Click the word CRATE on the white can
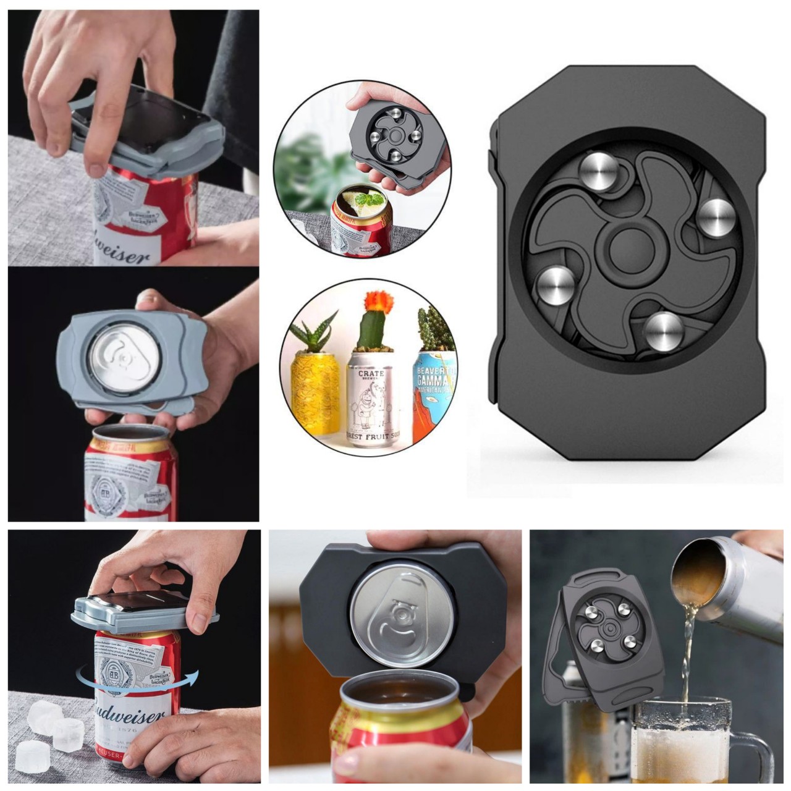pyautogui.click(x=370, y=374)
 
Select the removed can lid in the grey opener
pyautogui.click(x=121, y=361)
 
